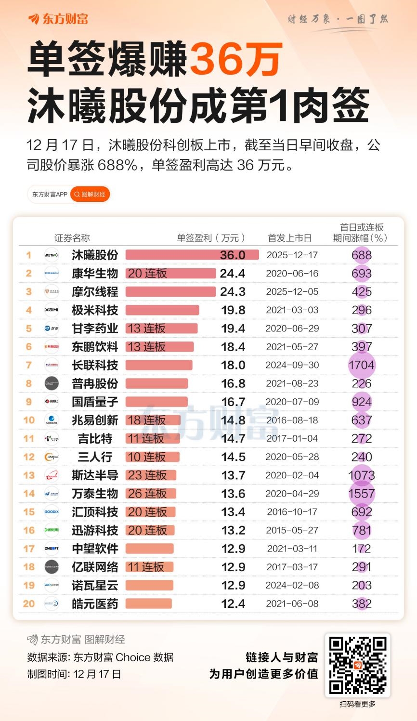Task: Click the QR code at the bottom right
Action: click(357, 666)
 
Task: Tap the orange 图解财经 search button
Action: click(90, 195)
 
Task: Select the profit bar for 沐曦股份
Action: click(192, 255)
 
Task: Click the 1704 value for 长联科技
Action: click(361, 365)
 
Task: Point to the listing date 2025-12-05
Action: click(292, 292)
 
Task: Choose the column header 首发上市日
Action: click(289, 238)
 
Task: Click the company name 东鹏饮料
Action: click(95, 347)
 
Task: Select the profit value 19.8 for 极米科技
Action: click(233, 310)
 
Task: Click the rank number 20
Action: click(29, 603)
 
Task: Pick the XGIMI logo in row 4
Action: click(52, 310)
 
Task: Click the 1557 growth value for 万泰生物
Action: click(361, 494)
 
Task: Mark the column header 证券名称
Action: click(72, 238)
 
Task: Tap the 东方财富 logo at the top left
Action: click(58, 19)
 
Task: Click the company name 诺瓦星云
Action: click(95, 585)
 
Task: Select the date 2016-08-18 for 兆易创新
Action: click(292, 420)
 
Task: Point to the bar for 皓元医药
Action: click(148, 603)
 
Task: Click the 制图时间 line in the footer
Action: click(74, 674)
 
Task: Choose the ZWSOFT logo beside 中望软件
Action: click(52, 549)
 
